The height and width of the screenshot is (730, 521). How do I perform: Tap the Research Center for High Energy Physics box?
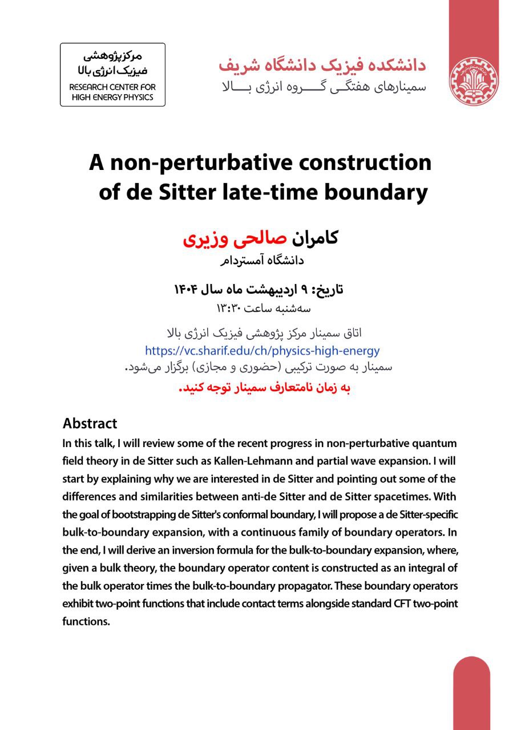pyautogui.click(x=112, y=75)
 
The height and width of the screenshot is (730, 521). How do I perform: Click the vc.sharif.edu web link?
pyautogui.click(x=262, y=351)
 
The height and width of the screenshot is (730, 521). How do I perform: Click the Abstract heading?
pyautogui.click(x=90, y=424)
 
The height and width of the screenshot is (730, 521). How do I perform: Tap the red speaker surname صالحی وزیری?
pyautogui.click(x=236, y=237)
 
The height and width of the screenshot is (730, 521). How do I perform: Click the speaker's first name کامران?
pyautogui.click(x=316, y=237)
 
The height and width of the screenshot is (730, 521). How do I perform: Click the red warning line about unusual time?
pyautogui.click(x=263, y=388)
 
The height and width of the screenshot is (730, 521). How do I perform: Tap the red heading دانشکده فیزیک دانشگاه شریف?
pyautogui.click(x=322, y=64)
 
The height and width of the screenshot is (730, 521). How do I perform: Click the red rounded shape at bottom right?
pyautogui.click(x=472, y=693)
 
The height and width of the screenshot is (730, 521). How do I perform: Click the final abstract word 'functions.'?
pyautogui.click(x=86, y=622)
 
